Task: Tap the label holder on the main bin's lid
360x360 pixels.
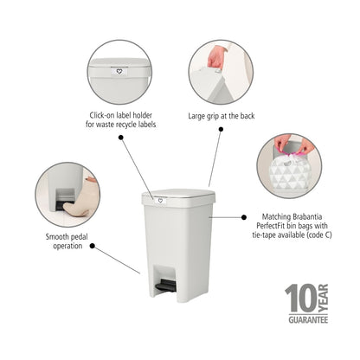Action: click(x=158, y=201)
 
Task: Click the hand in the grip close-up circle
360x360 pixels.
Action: click(x=216, y=57)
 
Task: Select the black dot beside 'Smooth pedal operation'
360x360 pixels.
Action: click(x=92, y=247)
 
